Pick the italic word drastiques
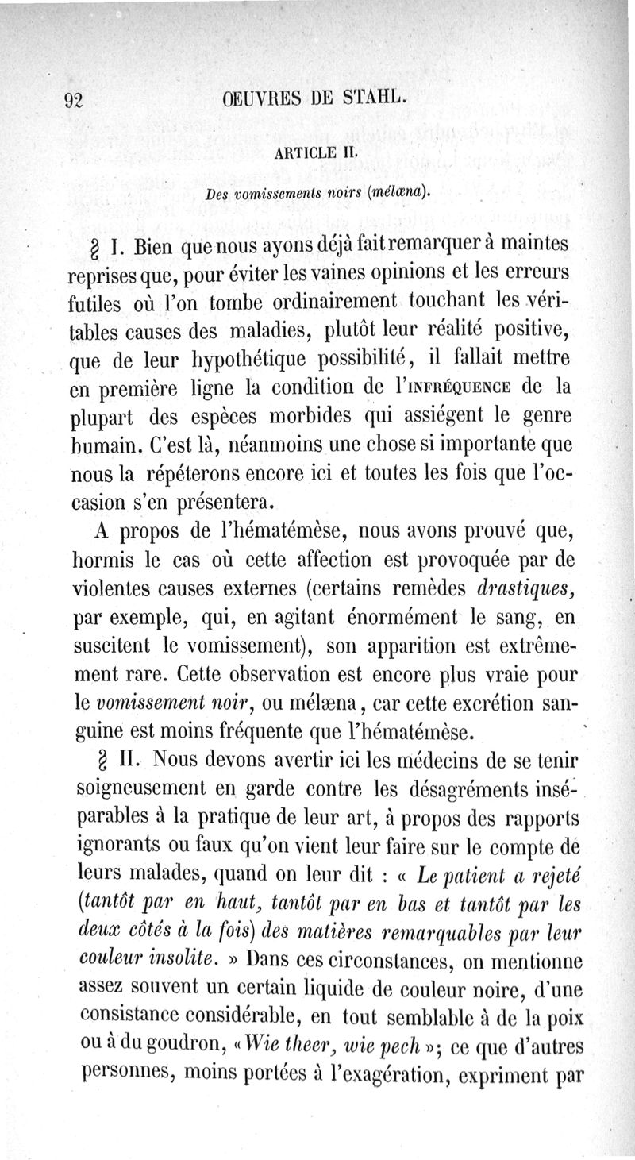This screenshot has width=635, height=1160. (523, 588)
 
